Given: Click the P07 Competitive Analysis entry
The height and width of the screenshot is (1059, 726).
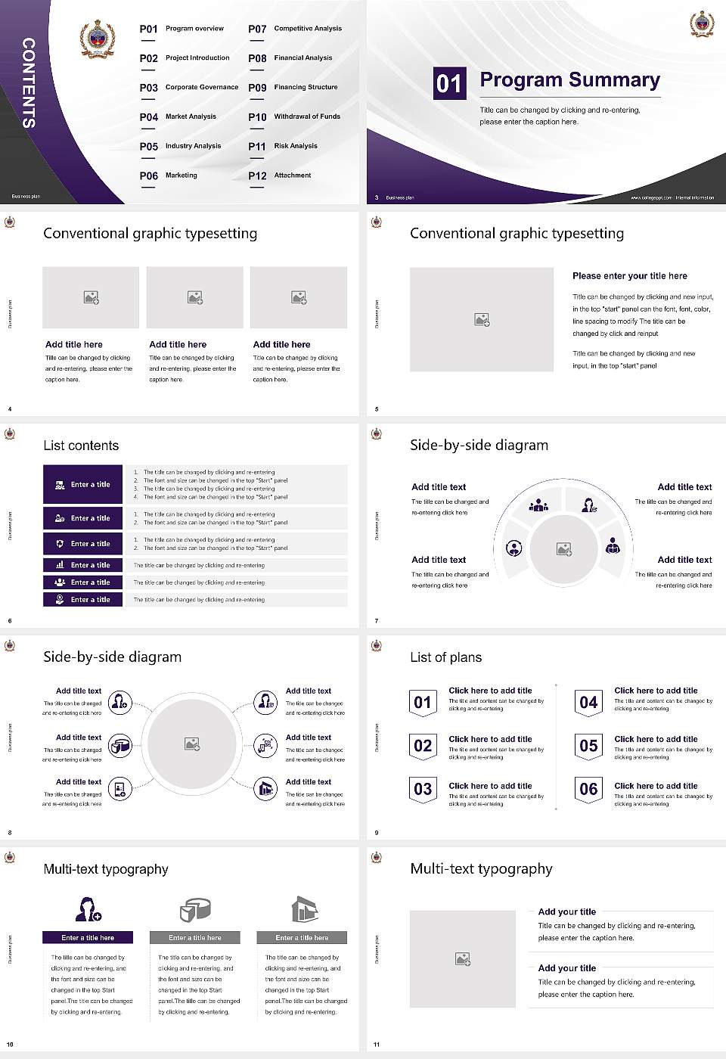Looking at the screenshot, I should click(x=296, y=29).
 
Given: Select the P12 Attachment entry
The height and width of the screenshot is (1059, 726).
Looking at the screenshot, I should click(x=281, y=175).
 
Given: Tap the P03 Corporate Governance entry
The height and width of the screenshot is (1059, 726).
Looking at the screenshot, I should click(x=189, y=88).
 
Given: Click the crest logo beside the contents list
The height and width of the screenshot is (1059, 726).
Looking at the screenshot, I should click(x=98, y=39).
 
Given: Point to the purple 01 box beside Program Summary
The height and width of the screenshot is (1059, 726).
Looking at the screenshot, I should click(x=448, y=83).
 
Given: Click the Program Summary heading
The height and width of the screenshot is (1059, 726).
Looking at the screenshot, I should click(x=569, y=80).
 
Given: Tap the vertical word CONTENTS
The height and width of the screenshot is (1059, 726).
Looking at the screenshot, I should click(x=29, y=82).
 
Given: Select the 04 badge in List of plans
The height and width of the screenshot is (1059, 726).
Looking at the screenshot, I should click(x=588, y=703).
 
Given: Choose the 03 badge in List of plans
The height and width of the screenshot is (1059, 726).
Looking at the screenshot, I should click(x=423, y=789).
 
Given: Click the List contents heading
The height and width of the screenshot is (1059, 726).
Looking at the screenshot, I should click(x=81, y=446).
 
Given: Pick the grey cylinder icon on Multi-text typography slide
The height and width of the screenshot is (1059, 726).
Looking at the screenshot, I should click(x=195, y=909).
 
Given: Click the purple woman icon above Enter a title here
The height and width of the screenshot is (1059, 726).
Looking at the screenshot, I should click(x=88, y=908).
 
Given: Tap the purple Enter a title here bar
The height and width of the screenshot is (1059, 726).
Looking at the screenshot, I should click(x=88, y=937).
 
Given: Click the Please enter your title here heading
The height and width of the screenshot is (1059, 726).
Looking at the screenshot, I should click(x=630, y=276).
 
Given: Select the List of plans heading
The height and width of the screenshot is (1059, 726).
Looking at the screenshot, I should click(x=445, y=657).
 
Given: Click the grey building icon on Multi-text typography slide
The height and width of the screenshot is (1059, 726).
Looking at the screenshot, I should click(x=304, y=909).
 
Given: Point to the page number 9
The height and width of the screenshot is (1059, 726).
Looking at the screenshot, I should click(x=377, y=833).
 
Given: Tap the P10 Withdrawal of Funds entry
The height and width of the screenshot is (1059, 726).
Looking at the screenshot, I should click(x=295, y=117).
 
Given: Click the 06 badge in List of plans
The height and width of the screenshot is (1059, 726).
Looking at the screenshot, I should click(x=588, y=789).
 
